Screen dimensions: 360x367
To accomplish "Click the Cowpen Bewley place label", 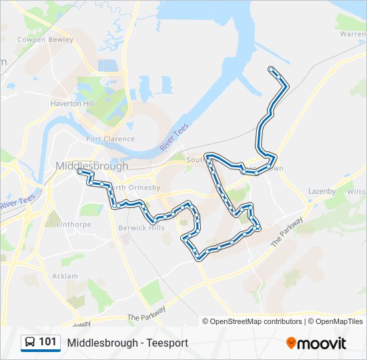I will pos(45,40).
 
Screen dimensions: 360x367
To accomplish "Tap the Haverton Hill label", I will pos(73,104).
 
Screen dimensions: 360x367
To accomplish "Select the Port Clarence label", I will pos(110,139).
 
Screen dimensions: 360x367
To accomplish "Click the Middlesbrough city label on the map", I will pos(92,166).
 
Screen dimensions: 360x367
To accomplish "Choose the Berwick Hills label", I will pos(141,227).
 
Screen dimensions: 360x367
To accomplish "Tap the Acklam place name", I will pos(65,276).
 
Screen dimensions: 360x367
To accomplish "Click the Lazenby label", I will pos(322,191).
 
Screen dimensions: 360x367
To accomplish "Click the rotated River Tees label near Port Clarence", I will pos(174,137).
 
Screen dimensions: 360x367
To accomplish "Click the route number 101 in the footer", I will pos(47,342).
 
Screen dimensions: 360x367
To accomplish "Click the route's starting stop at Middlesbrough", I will pos(80,171).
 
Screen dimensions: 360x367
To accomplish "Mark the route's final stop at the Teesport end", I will pos(270,69).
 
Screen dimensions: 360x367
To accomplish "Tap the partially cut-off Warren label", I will pos(353,33).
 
